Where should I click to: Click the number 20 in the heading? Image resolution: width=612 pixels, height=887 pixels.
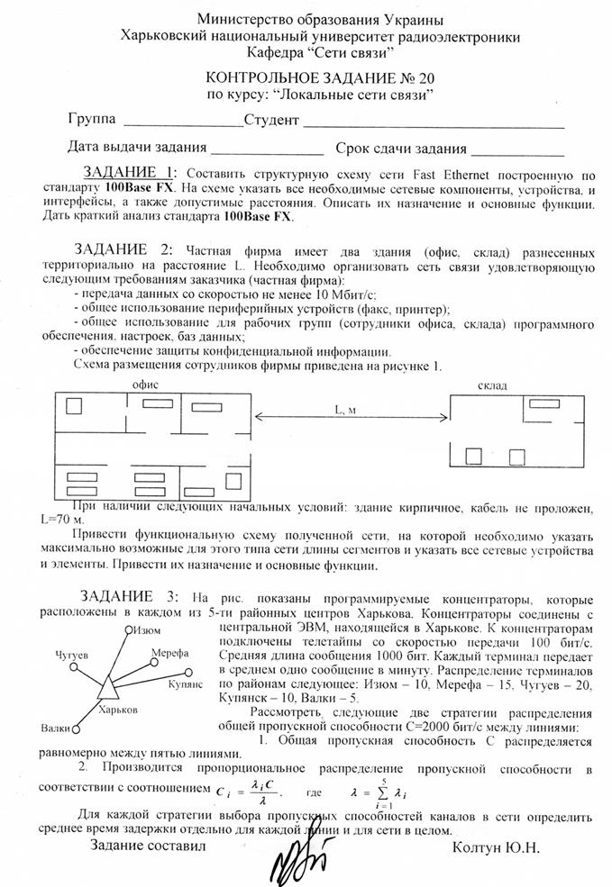coord(395,78)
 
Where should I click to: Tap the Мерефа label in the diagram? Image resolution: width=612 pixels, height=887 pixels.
coord(169,652)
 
